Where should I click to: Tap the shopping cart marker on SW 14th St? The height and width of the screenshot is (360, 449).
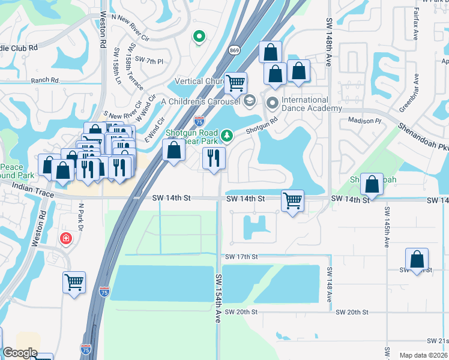tap(292, 200)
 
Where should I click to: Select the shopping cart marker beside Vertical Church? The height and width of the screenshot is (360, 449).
tap(236, 83)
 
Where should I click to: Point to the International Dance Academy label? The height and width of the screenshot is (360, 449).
tap(305, 104)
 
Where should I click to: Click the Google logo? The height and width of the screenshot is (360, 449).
tap(20, 353)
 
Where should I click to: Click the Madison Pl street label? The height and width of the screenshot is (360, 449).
tap(365, 121)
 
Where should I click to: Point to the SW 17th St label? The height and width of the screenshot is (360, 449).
tap(241, 257)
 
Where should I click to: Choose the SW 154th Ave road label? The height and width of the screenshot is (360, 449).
tap(218, 298)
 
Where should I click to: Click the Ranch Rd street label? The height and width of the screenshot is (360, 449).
tap(47, 80)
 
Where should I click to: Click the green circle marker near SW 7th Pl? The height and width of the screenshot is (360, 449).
tap(199, 37)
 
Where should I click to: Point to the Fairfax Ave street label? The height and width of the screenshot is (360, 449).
tap(415, 25)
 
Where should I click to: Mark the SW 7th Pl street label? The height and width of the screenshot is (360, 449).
tap(149, 60)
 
